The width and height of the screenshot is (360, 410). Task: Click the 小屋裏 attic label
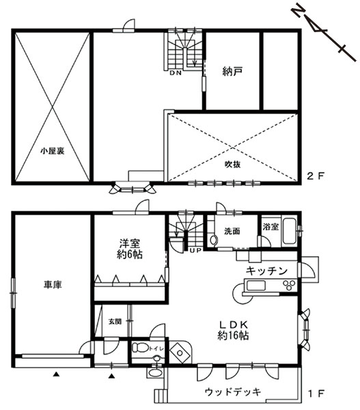click(52, 150)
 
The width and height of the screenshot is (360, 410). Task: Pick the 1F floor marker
click(316, 394)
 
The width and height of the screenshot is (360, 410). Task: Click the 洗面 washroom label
click(232, 231)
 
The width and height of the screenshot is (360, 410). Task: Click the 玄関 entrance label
click(114, 321)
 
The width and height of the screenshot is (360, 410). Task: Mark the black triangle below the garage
click(56, 374)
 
